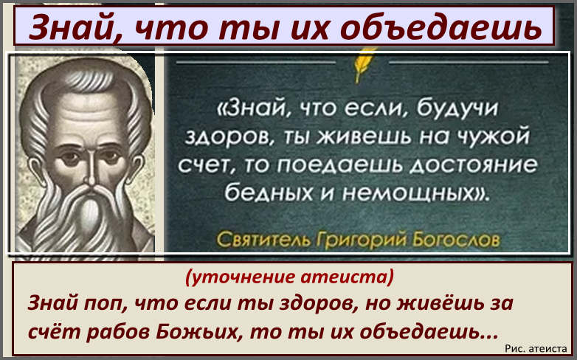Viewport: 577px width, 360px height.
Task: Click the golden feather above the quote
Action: tap(361, 66)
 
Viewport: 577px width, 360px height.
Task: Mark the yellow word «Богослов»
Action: tap(456, 240)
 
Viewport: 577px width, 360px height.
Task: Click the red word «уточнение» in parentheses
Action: tap(246, 277)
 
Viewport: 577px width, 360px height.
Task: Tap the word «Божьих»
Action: tap(199, 332)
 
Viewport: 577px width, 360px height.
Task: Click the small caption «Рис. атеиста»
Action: tap(536, 348)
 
